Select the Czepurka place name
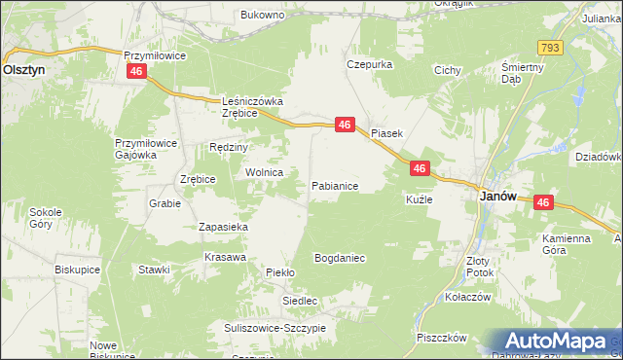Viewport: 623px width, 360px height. click(x=369, y=64)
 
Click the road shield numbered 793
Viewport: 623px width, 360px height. click(x=548, y=48)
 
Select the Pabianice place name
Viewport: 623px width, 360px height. click(x=335, y=185)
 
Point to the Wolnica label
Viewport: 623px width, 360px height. click(x=264, y=172)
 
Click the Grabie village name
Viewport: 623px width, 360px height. click(x=165, y=204)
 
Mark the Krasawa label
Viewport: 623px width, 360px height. click(x=224, y=257)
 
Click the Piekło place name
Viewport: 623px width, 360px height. click(x=280, y=273)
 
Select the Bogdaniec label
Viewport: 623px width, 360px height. click(x=339, y=259)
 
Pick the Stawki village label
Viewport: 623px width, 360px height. click(x=155, y=269)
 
